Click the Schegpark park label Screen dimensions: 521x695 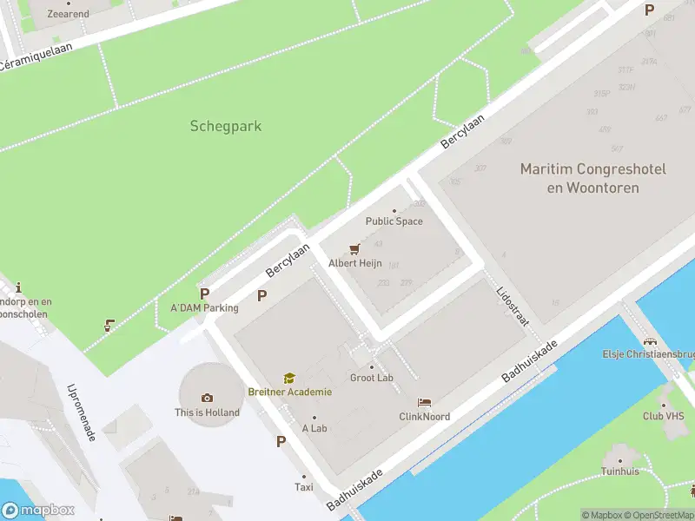[x=225, y=126]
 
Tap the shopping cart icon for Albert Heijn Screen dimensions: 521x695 [x=354, y=249]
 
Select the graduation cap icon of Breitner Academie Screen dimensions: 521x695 [x=288, y=379]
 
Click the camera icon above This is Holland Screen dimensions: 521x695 [x=207, y=399]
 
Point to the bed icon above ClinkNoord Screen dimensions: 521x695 [x=424, y=403]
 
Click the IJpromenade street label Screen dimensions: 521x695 [x=81, y=412]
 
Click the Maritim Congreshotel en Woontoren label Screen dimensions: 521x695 [x=592, y=178]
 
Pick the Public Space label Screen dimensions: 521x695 [x=394, y=221]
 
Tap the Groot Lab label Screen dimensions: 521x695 [x=372, y=378]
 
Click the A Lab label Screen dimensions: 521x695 [x=314, y=428]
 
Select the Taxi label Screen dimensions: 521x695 [x=303, y=488]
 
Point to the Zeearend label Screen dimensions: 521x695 [x=68, y=14]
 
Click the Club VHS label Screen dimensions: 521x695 [x=665, y=416]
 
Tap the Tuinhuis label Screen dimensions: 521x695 [x=619, y=471]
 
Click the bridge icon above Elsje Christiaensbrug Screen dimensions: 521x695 [x=651, y=341]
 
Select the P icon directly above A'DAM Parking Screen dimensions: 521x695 [x=204, y=293]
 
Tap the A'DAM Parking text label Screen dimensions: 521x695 [x=204, y=307]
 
